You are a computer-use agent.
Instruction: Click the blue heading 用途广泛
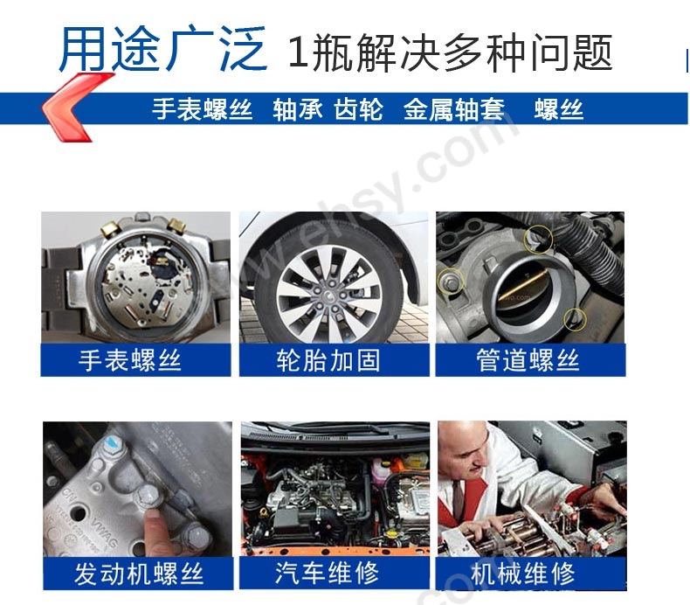coord(162,48)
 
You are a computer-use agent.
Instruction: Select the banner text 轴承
coord(298,109)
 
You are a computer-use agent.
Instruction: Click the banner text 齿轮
coord(358,109)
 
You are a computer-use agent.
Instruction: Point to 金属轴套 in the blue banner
coord(453,109)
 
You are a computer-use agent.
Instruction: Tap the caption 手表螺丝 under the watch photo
coord(130,360)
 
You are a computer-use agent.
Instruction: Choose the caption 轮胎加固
coord(328,360)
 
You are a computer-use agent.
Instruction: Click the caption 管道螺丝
coord(528,360)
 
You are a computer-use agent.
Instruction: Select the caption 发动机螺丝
coord(139,574)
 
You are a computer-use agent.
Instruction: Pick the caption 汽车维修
coord(327,573)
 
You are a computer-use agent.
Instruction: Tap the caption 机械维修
coord(523,574)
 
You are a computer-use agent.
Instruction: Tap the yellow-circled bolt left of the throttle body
coord(450,281)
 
